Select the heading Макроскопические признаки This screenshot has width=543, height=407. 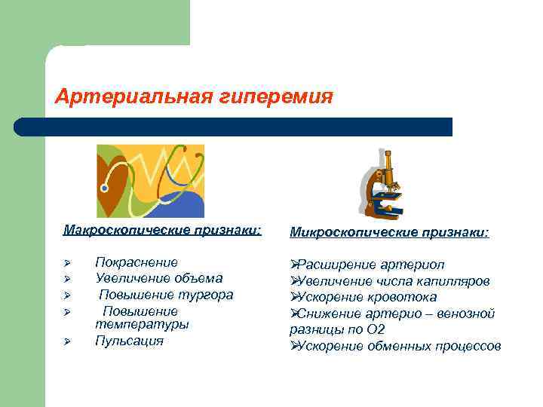(x=162, y=228)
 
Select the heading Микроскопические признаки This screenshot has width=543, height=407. (x=389, y=233)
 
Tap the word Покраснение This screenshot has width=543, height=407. (x=137, y=262)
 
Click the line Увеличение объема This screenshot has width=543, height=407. (x=158, y=278)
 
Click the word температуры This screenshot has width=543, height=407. (x=142, y=324)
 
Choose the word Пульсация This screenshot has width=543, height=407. (x=129, y=341)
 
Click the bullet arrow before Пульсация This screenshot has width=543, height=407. (x=67, y=341)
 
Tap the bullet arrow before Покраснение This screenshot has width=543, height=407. (x=67, y=263)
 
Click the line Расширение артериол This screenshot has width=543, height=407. (x=367, y=265)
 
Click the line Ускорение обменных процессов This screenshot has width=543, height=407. (x=395, y=346)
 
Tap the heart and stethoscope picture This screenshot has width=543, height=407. (x=150, y=181)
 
